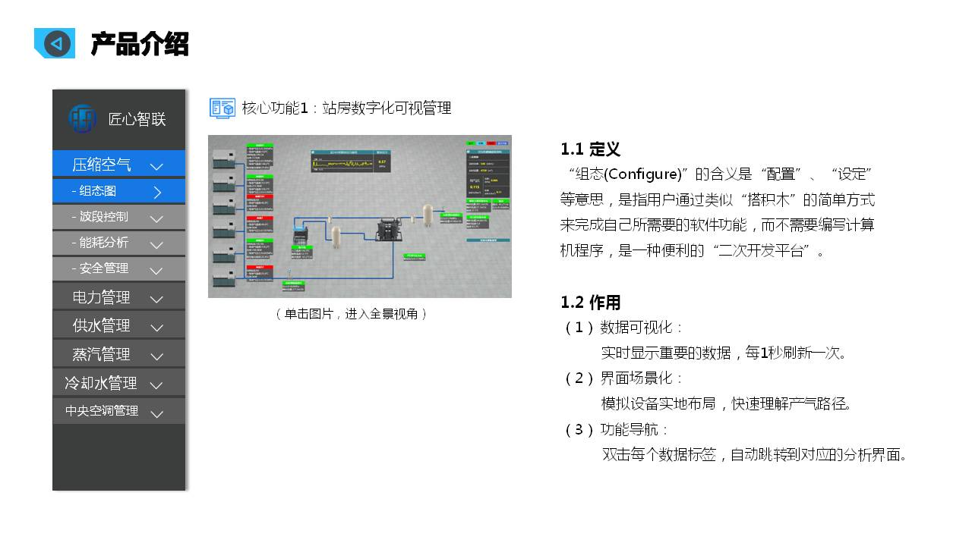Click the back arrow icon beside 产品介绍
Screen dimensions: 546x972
(55, 43)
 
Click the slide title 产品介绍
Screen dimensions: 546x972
(139, 44)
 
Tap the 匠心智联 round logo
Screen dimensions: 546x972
(82, 118)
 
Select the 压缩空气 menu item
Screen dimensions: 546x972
(102, 165)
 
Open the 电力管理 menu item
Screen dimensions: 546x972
(102, 297)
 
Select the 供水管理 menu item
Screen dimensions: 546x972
(102, 326)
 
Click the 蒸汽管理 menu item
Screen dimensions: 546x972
(102, 355)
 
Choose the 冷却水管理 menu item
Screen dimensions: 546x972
(101, 384)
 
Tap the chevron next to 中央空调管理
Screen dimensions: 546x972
(156, 413)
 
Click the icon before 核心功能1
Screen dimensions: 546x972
(222, 108)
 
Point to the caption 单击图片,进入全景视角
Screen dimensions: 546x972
(351, 314)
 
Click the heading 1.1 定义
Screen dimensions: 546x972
(590, 149)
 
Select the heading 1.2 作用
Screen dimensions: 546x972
(590, 303)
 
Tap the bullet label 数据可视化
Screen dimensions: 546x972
(636, 328)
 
